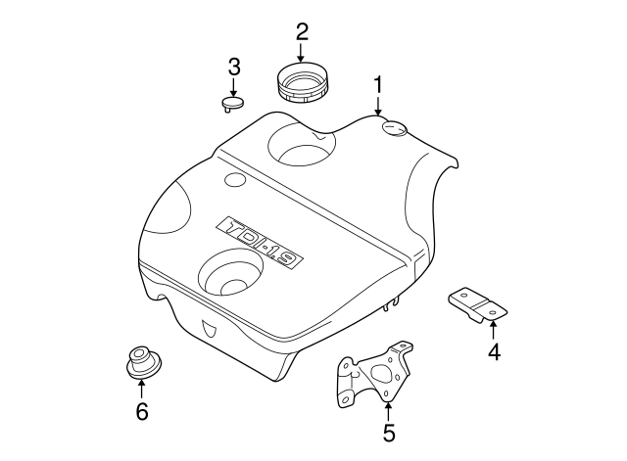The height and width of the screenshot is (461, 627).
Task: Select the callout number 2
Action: coord(302,32)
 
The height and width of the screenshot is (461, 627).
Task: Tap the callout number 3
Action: coord(233,67)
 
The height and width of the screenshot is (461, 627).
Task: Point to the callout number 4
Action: coord(495,351)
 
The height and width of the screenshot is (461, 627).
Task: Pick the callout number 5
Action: coord(388,432)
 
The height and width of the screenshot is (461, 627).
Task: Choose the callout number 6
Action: coord(141,411)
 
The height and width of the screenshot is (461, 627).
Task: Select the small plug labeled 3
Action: coord(232,102)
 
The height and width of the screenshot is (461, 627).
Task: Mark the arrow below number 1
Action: coord(378,106)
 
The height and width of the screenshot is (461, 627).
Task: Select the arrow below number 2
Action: coord(302,54)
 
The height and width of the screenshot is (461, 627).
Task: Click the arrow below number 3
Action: coord(233,86)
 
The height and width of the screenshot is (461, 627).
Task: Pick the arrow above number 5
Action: coord(388,409)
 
